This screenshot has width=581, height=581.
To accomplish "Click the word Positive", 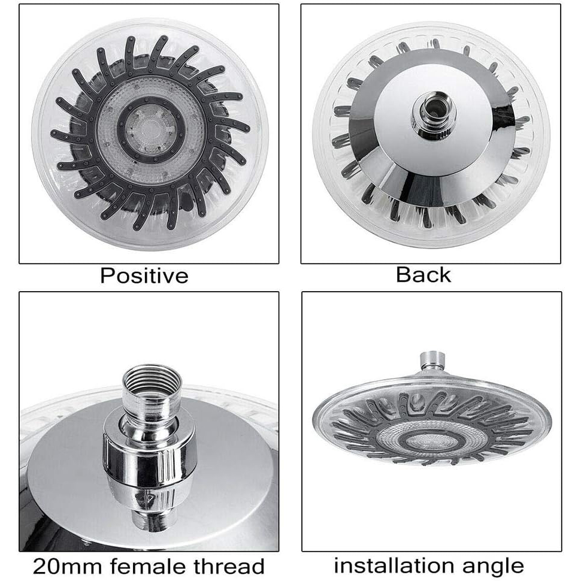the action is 144,276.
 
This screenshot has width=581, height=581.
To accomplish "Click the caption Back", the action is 423,276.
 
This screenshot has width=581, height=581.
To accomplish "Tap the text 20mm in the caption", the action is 67,567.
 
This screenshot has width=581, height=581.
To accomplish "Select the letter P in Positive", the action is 107,276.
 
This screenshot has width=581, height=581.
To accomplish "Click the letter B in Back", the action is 403,276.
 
